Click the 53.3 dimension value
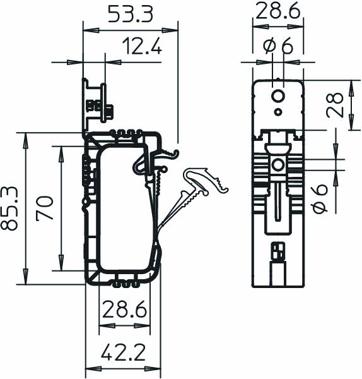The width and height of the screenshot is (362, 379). coord(131,13)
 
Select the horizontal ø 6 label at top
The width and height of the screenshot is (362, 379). coord(278,46)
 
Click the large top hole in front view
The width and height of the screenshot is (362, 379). coord(277,96)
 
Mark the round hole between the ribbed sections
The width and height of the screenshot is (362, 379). coord(277,165)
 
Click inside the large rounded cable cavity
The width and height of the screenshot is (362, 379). coord(123,208)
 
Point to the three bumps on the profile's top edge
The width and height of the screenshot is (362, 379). coord(124,133)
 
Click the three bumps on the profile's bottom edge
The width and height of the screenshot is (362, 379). coord(124,277)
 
